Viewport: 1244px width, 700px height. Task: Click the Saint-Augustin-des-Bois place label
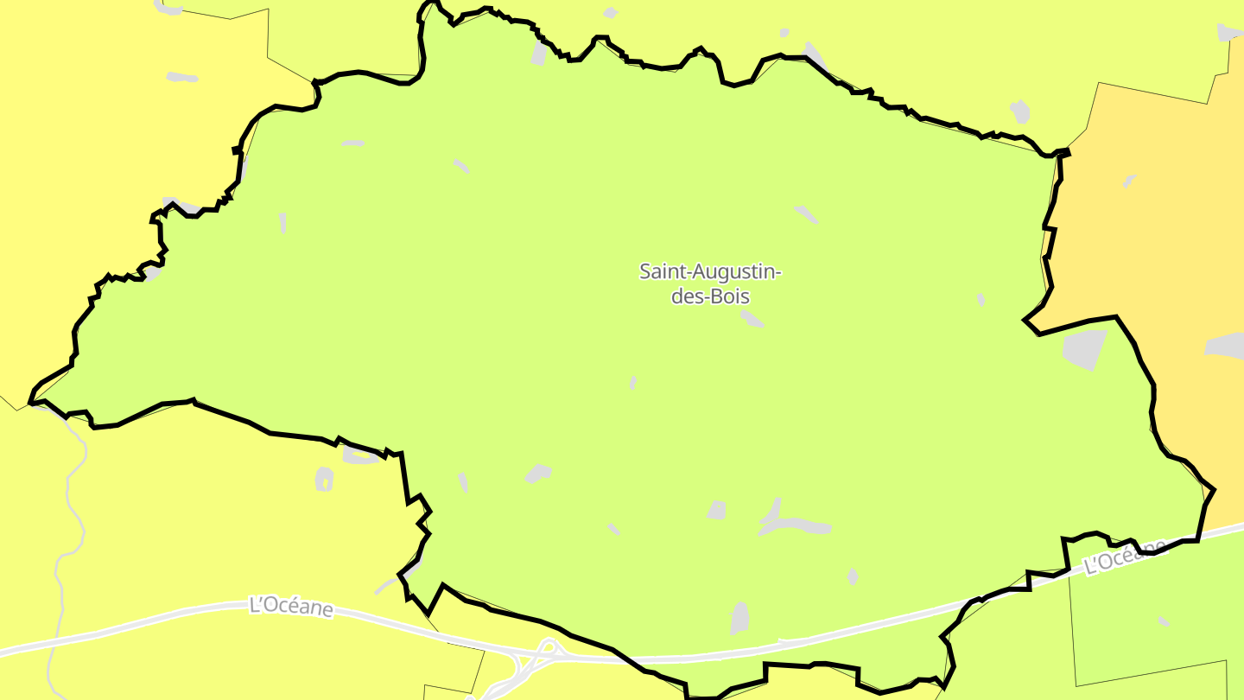tap(710, 283)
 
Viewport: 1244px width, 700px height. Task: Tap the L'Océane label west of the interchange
tap(291, 607)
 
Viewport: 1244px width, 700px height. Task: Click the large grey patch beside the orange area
tap(1085, 348)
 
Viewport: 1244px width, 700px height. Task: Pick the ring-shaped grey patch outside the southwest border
tap(324, 479)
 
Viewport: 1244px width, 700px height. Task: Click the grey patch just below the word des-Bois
tap(752, 319)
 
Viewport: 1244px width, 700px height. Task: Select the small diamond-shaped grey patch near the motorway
tap(853, 576)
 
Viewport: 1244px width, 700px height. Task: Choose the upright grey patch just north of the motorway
tap(739, 618)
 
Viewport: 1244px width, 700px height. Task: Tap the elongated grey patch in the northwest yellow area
tap(181, 77)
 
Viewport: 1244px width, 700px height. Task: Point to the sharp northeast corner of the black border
tap(1068, 152)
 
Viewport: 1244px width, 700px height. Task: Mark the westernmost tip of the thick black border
tap(31, 402)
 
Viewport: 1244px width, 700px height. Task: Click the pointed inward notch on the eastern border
tap(1025, 321)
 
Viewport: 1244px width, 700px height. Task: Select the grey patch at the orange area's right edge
tap(1225, 346)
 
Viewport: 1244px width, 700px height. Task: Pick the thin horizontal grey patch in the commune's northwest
tap(352, 143)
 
